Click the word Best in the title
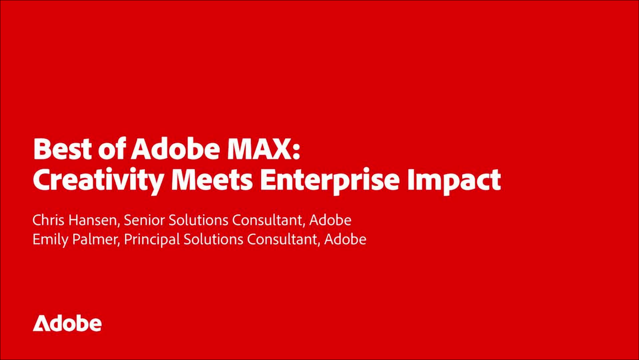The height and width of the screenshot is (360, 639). (63, 149)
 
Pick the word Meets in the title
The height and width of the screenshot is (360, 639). (212, 180)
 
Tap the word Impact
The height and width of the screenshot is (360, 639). (454, 182)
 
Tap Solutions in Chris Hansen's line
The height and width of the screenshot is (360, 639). (198, 220)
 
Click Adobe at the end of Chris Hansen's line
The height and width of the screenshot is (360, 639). (330, 220)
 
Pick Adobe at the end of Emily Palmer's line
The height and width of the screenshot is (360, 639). (345, 239)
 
